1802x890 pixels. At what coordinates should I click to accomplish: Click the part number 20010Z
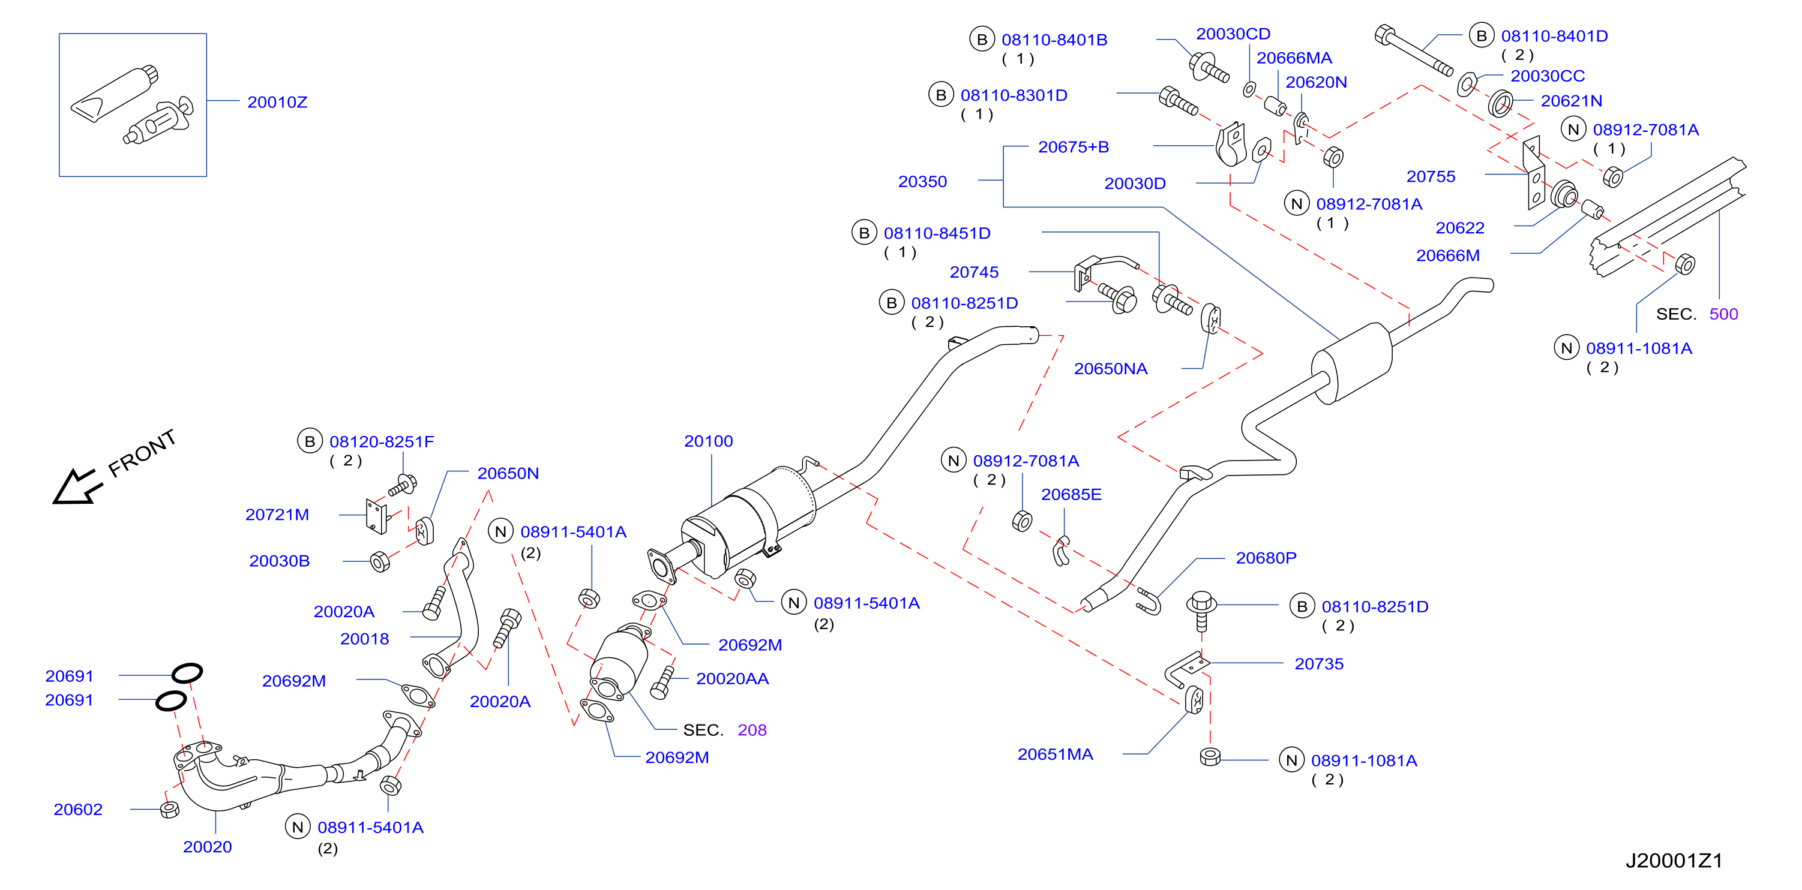coord(277,102)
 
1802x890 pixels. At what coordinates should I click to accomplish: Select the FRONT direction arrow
coord(77,486)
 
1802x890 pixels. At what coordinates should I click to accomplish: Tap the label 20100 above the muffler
coord(708,441)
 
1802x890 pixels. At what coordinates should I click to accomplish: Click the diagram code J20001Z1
coord(1673,861)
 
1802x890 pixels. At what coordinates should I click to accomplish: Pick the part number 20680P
coord(1266,558)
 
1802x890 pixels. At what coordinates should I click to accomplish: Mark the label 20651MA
coord(1055,754)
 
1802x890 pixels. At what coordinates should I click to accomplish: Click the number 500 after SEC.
coord(1723,314)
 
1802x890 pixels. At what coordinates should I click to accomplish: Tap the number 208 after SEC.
coord(752,730)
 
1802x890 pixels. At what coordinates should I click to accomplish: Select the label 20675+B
coord(1073,147)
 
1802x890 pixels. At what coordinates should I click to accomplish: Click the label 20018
coord(364,639)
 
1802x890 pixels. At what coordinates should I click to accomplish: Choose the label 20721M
coord(277,515)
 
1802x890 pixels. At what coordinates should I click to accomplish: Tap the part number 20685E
coord(1071,494)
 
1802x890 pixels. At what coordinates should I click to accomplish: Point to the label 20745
coord(974,272)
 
